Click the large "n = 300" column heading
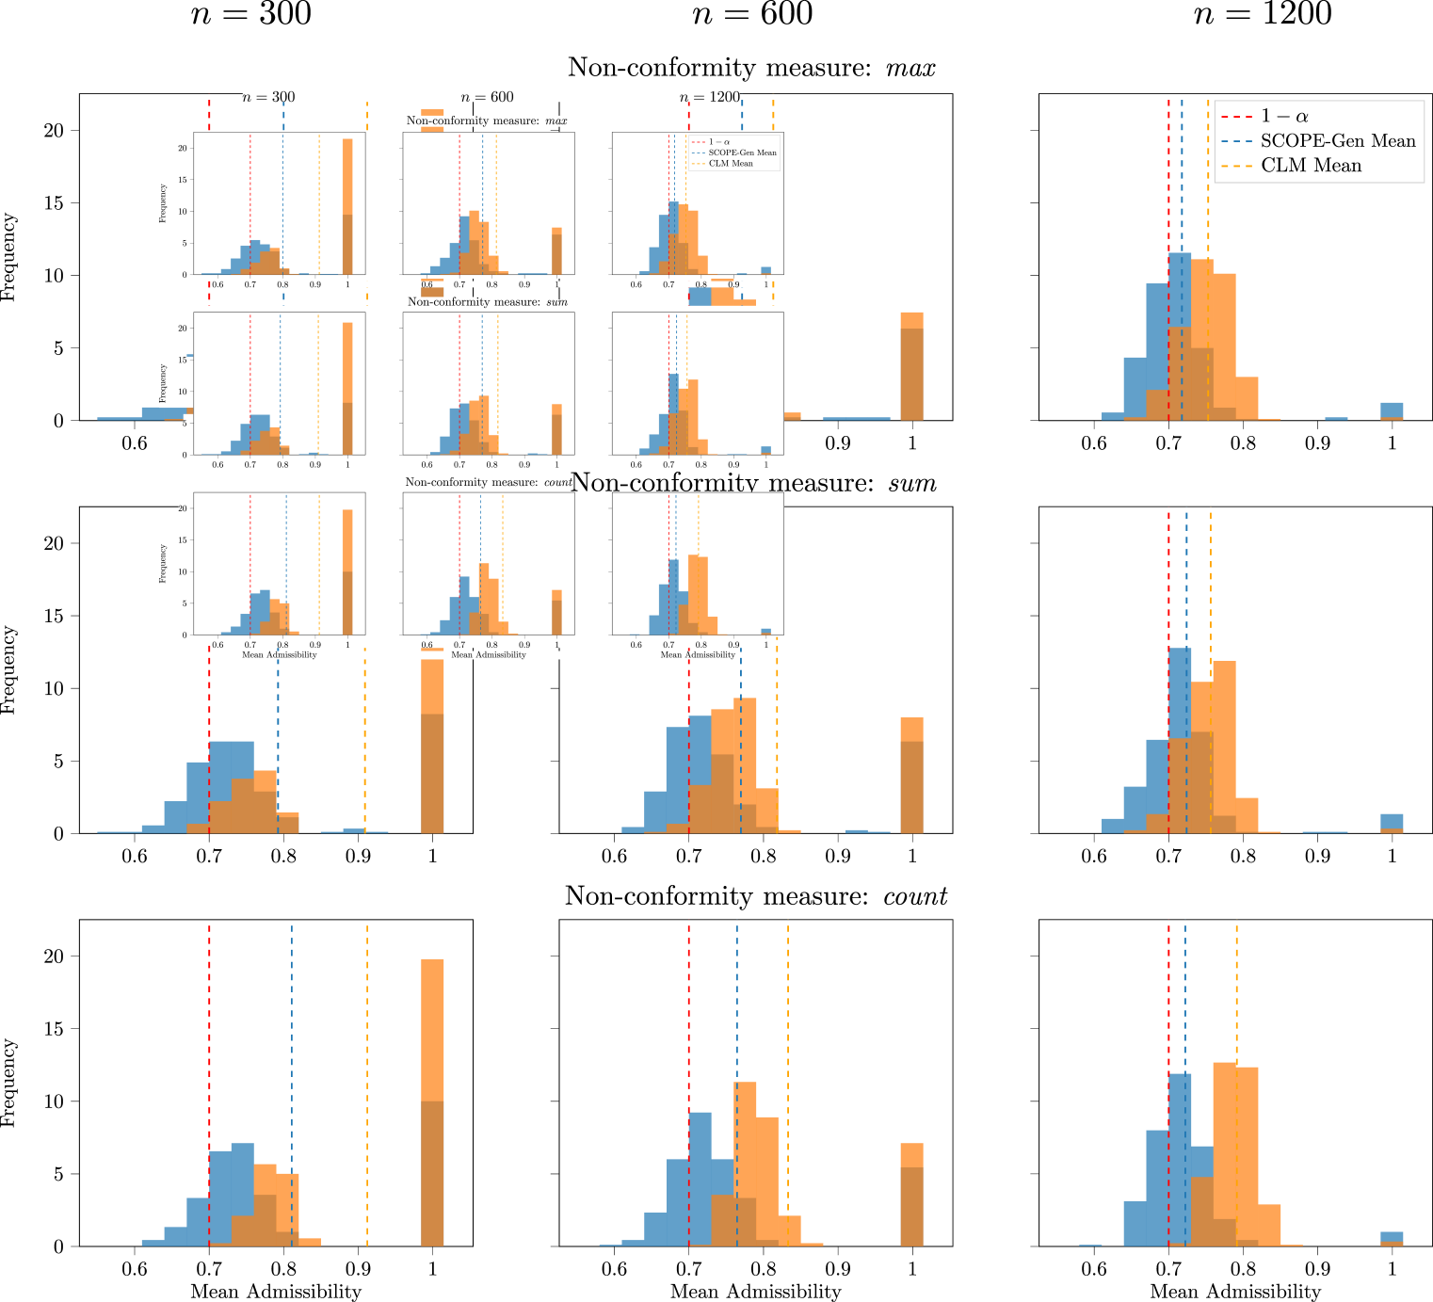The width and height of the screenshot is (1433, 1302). click(251, 14)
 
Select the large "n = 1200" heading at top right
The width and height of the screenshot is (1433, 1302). click(1264, 14)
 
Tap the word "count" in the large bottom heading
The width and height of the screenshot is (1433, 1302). click(915, 896)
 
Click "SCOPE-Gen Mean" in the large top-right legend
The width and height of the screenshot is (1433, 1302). click(1338, 141)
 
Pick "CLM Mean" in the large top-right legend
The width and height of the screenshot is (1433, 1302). click(1311, 166)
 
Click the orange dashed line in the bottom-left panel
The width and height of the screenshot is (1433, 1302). click(367, 1083)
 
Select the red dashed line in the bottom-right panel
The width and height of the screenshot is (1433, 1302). click(1168, 1083)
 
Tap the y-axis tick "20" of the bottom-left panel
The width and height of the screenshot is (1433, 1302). click(54, 956)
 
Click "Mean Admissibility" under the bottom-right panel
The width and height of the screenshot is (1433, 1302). click(1235, 1292)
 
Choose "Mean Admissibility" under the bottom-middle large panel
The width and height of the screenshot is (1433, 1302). click(755, 1292)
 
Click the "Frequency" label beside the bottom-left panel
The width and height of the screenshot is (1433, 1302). click(9, 1083)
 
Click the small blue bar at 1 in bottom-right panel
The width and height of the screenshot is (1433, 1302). click(1392, 1237)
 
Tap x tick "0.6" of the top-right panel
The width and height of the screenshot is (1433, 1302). click(1094, 442)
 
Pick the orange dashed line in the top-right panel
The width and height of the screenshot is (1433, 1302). click(1208, 282)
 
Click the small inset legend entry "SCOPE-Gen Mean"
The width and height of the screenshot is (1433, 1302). click(742, 153)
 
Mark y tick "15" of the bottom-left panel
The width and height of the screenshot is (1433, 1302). click(54, 1029)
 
